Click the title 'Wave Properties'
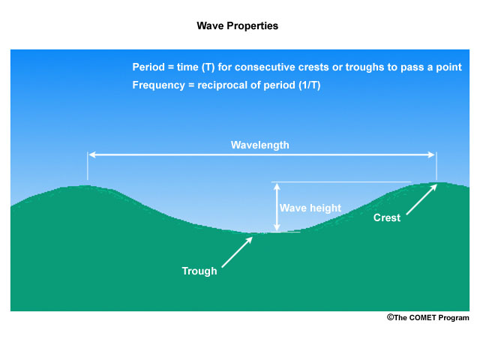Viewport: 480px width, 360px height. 237,25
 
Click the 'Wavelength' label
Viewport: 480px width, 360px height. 259,145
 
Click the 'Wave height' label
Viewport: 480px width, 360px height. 310,208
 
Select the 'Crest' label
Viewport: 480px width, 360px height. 387,218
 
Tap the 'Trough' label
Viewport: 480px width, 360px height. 199,271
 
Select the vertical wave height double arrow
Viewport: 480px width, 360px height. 277,207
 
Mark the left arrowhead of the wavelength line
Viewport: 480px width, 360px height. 91,155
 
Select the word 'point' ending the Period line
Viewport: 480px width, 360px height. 448,67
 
